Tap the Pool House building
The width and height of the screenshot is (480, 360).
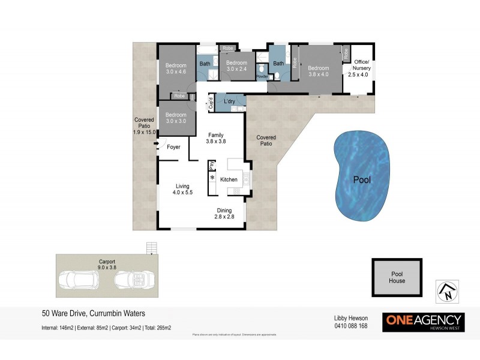397,277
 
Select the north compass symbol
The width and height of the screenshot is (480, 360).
447,292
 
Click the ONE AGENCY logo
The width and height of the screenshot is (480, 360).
424,321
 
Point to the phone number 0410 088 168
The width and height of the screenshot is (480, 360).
350,326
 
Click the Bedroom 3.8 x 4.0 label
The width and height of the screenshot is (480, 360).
319,71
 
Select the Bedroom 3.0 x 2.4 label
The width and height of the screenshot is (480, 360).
236,66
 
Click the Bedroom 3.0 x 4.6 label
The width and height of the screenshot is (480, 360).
176,68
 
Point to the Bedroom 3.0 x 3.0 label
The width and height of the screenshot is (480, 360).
176,118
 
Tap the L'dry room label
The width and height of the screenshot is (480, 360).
229,101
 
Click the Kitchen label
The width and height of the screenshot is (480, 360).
229,179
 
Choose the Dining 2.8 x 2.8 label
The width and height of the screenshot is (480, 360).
224,214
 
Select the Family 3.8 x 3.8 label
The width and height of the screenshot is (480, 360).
216,139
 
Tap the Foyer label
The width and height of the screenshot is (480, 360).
173,146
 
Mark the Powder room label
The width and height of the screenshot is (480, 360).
262,77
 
